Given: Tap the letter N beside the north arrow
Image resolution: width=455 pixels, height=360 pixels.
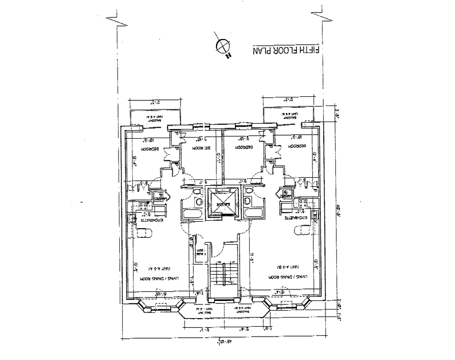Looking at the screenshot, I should [228, 56].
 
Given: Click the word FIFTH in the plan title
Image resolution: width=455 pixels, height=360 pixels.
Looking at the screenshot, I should [313, 50].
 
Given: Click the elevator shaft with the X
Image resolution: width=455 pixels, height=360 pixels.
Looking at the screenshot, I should [223, 204].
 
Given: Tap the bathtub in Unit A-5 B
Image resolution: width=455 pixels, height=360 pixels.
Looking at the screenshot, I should [254, 213].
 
